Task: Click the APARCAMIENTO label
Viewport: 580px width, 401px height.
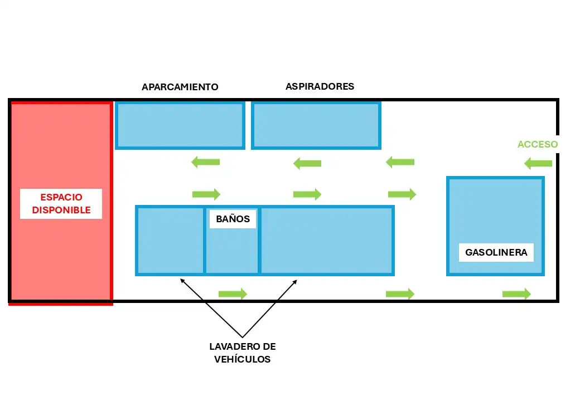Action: click(x=180, y=87)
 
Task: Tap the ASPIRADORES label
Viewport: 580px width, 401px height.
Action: click(x=320, y=86)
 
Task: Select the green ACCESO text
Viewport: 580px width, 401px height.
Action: click(x=538, y=144)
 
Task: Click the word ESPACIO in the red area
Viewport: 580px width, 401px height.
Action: click(x=61, y=197)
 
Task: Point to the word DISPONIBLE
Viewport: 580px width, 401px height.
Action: click(x=61, y=210)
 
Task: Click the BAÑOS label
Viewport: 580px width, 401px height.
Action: click(x=233, y=218)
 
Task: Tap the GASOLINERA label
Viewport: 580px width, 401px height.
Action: click(x=496, y=252)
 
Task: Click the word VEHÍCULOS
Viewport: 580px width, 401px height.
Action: click(x=242, y=359)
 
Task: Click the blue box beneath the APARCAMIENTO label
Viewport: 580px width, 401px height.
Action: click(x=180, y=125)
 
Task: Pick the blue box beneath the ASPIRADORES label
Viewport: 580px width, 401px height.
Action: click(x=316, y=125)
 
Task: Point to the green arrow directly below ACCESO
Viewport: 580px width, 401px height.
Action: click(x=538, y=163)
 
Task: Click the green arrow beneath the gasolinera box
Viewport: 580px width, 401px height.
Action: click(x=516, y=294)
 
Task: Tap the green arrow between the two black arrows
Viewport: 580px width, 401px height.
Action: click(x=233, y=294)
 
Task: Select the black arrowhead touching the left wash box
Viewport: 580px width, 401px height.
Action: click(x=182, y=281)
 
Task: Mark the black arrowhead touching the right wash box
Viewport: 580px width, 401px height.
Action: click(x=294, y=282)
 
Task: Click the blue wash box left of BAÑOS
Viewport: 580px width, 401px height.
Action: click(x=170, y=241)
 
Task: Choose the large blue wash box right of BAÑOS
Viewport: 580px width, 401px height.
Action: click(x=327, y=241)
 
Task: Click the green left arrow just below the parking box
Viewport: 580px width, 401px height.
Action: click(x=206, y=162)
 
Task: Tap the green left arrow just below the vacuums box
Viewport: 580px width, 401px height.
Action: click(x=307, y=163)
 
